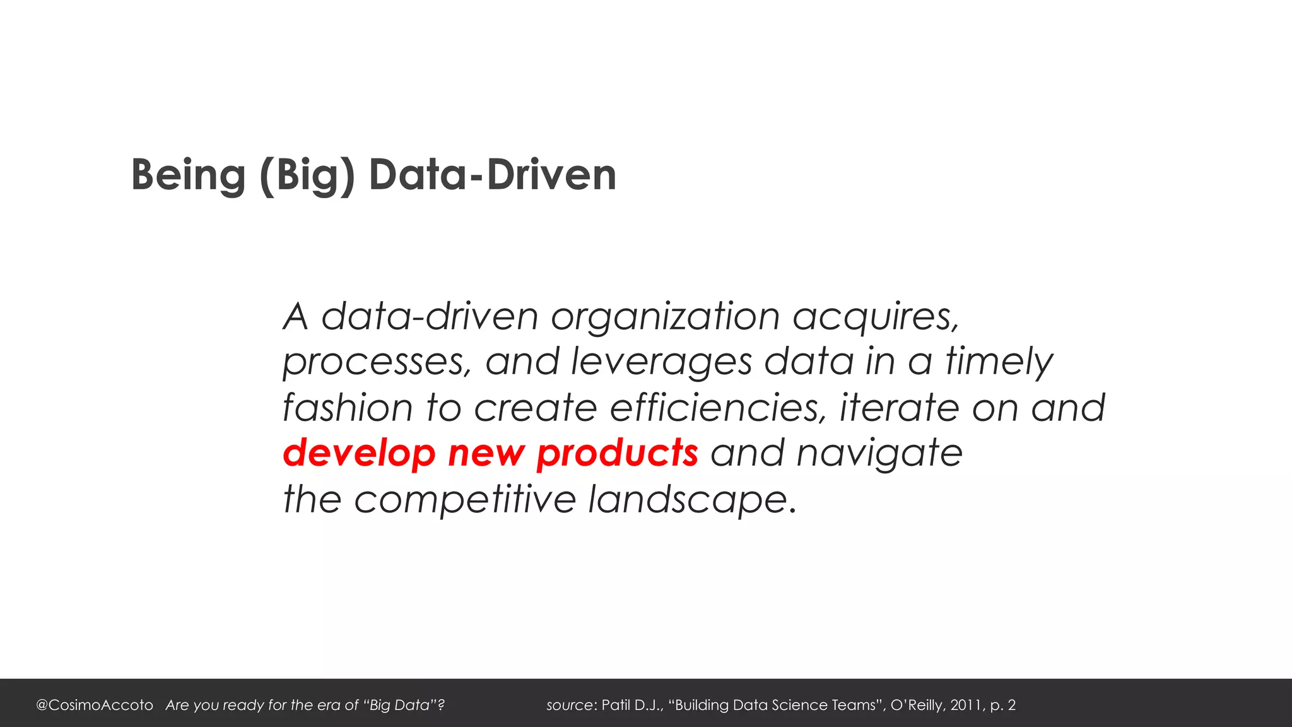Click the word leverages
pyautogui.click(x=661, y=362)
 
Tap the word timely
pyautogui.click(x=999, y=362)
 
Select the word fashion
pyautogui.click(x=348, y=407)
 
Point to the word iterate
pyautogui.click(x=899, y=407)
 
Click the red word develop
pyautogui.click(x=359, y=453)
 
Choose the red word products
pyautogui.click(x=617, y=453)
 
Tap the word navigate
pyautogui.click(x=879, y=453)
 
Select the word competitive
pyautogui.click(x=465, y=499)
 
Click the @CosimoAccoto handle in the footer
pyautogui.click(x=95, y=705)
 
